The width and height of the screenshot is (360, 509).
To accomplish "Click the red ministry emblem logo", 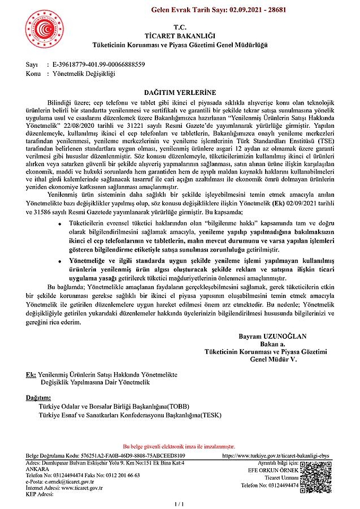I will [44, 29].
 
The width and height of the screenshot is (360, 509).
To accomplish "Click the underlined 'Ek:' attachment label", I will [31, 374].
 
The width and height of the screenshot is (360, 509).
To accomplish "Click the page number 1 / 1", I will [179, 502].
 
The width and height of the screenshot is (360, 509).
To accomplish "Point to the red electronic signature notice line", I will [179, 447].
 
